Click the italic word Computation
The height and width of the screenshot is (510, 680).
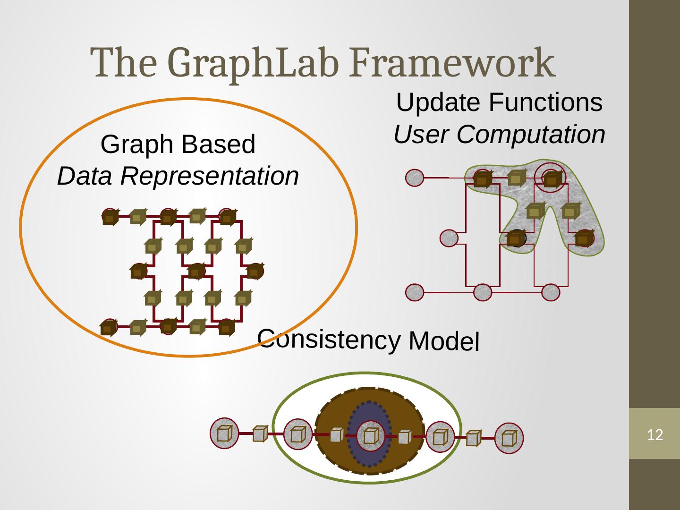pos(531,135)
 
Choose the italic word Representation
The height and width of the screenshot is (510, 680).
pos(209,177)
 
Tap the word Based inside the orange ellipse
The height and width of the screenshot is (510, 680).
pos(224,144)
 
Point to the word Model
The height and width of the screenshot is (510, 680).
pos(444,341)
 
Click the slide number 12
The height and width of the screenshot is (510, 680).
pos(654,435)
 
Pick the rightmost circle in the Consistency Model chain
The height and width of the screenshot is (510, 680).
pos(510,438)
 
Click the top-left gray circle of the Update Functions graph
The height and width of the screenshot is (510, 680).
pos(415,178)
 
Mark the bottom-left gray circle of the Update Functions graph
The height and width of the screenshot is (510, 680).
pos(415,292)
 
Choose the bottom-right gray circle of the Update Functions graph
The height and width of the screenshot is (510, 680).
pos(551,292)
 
